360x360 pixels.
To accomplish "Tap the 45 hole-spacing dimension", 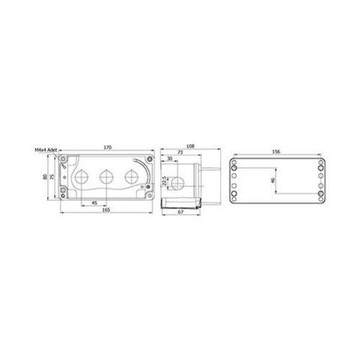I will tap(94, 202).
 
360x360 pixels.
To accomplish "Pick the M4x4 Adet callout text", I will tap(47, 150).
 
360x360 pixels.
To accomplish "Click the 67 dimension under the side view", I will tap(181, 212).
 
